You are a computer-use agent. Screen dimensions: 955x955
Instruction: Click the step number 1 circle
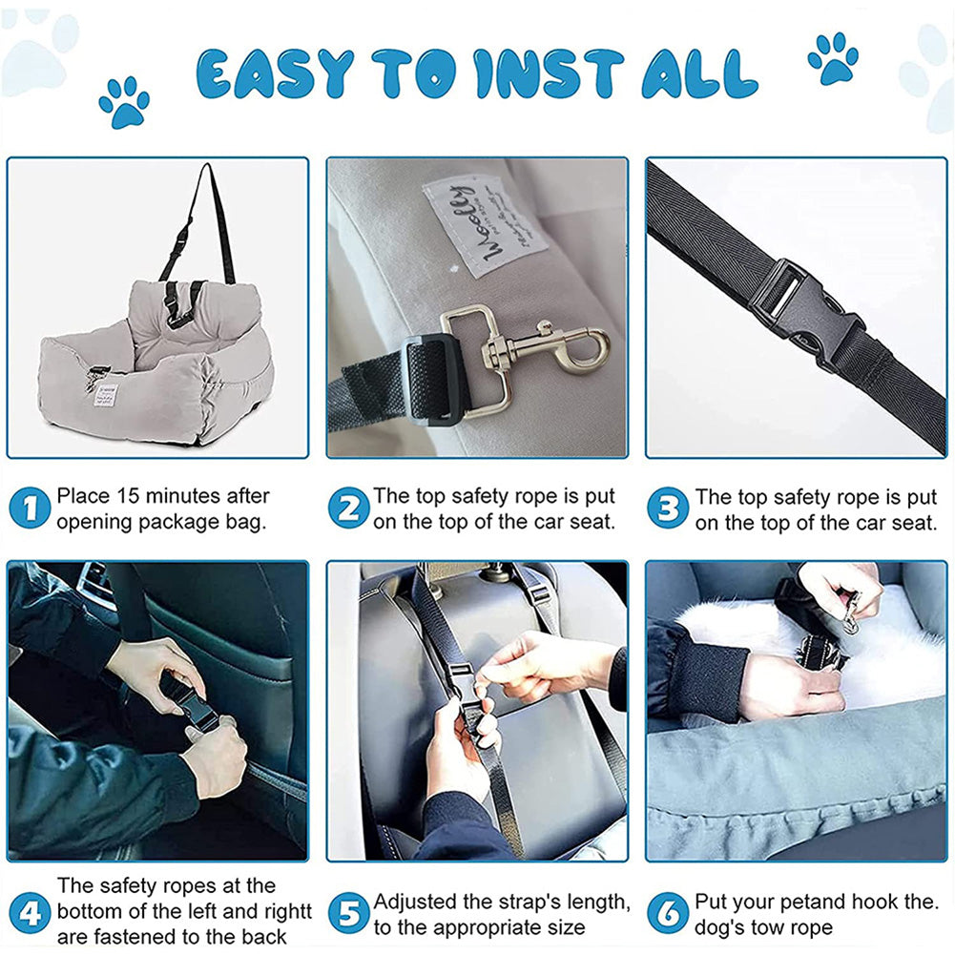point(30,509)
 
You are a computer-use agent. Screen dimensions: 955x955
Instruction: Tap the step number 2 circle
point(348,509)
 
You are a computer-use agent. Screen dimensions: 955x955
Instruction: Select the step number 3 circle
point(667,509)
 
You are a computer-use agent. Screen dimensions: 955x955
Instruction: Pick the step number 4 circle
point(30,913)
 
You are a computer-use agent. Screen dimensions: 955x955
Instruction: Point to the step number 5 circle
point(348,913)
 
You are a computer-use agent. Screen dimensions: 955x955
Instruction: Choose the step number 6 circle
point(667,913)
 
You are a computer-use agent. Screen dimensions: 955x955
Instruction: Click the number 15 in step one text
point(130,496)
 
